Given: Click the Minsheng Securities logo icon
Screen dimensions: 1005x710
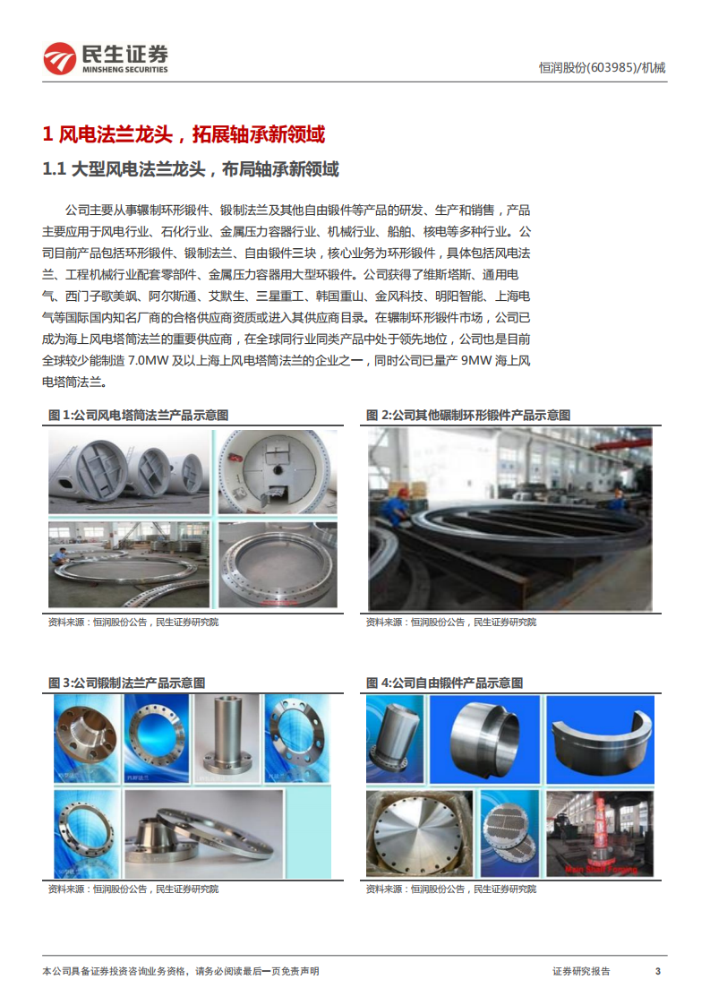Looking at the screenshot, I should click(x=60, y=59).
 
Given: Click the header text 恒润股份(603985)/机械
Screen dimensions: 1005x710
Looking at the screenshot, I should click(x=602, y=67).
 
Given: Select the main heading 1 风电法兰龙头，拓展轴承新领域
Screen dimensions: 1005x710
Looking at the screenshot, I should click(x=184, y=134).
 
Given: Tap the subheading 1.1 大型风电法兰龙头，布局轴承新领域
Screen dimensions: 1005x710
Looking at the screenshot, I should click(x=192, y=169).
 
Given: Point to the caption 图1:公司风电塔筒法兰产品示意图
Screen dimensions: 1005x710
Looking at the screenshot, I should click(x=138, y=415).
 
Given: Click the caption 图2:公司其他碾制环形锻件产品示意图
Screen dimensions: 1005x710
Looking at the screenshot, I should click(x=467, y=415).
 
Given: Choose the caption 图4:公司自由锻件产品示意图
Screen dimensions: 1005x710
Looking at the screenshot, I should click(x=444, y=683).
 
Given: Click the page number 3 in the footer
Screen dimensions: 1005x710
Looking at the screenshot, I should click(x=658, y=971).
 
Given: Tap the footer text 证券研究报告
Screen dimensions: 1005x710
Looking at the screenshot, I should click(x=581, y=971).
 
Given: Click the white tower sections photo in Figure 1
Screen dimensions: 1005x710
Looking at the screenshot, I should click(x=129, y=471).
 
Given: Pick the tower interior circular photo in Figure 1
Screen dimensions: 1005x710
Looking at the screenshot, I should click(x=278, y=471).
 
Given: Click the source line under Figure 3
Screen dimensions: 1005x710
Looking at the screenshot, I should click(x=133, y=889).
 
